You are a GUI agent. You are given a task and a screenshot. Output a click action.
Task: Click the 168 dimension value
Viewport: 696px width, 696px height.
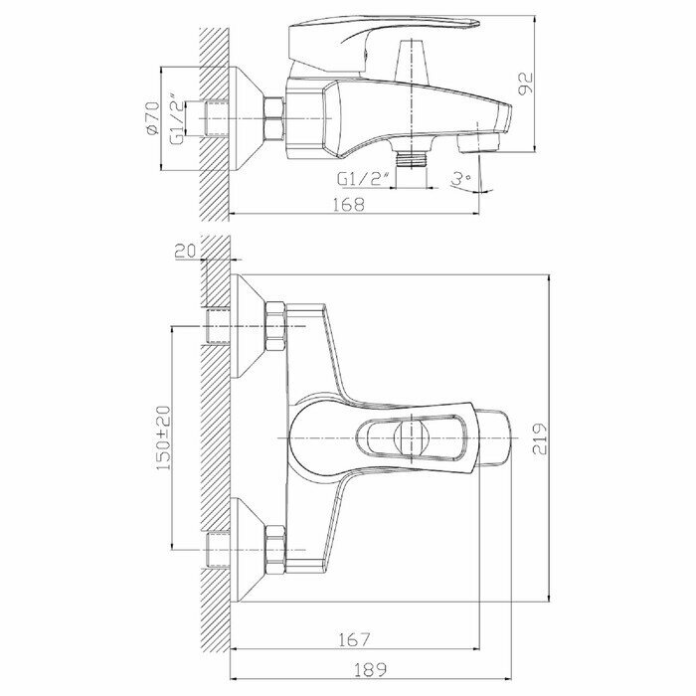pyautogui.click(x=351, y=204)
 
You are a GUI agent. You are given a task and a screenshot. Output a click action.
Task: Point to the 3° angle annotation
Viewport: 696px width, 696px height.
pyautogui.click(x=460, y=179)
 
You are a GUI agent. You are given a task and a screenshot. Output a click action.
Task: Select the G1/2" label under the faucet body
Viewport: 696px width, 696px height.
pyautogui.click(x=358, y=179)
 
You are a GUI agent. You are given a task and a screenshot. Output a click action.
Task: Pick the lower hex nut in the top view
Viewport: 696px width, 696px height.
pyautogui.click(x=275, y=548)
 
